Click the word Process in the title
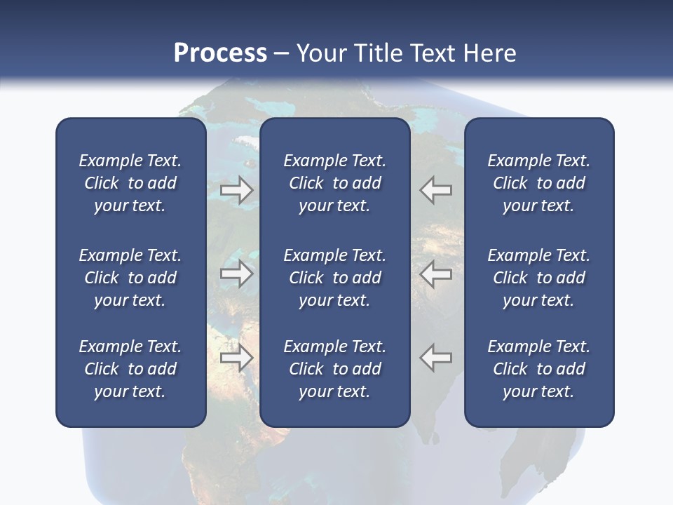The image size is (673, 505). (x=220, y=53)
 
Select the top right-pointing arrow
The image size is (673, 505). (x=237, y=189)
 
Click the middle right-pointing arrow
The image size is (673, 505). (x=237, y=274)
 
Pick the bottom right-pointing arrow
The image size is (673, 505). (x=237, y=358)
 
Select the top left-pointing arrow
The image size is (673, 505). (x=435, y=189)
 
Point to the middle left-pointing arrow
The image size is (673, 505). (x=435, y=274)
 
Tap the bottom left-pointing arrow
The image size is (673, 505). (x=435, y=358)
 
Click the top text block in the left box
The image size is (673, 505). (x=130, y=183)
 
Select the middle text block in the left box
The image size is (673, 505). (x=130, y=278)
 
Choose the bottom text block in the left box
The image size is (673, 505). (x=130, y=369)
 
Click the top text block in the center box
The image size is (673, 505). (x=334, y=183)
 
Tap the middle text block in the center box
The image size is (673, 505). (x=334, y=278)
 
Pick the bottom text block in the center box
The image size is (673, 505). (x=334, y=369)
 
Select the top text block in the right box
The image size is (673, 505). (x=538, y=183)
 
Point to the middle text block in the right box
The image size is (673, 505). (x=538, y=278)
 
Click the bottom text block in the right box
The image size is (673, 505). (x=538, y=369)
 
